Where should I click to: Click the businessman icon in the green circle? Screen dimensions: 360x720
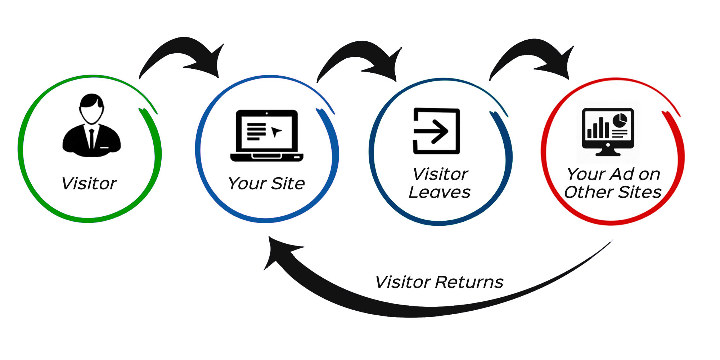91,126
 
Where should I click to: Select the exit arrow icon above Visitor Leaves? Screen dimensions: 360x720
436,131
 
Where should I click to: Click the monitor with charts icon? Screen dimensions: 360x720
608,131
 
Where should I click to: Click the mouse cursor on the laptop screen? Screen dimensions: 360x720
276,132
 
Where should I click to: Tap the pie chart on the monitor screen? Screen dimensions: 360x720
620,120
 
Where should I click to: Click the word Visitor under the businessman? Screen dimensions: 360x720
89,184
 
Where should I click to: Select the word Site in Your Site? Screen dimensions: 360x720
288,184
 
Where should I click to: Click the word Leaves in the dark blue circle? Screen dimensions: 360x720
439,193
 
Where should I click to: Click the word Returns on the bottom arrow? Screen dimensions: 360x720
469,282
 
